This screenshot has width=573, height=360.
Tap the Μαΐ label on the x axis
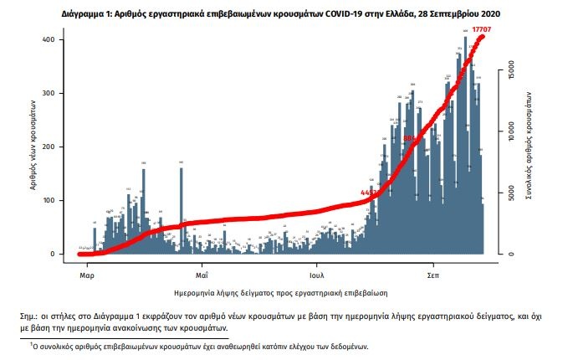click(202, 275)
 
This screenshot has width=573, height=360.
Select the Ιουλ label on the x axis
click(316, 275)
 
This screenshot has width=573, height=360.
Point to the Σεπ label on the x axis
click(433, 275)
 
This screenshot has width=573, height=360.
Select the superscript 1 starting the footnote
click(30, 342)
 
